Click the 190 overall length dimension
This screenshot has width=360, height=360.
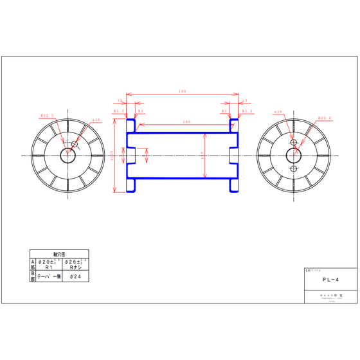pos(182,92)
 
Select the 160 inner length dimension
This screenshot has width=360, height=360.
pos(186,122)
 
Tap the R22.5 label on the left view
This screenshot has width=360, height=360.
pos(47,116)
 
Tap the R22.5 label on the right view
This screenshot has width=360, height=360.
pos(324,118)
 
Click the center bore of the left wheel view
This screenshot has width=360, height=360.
pos(68,156)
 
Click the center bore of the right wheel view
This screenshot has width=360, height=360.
pos(294,156)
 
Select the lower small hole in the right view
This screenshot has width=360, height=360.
pos(294,169)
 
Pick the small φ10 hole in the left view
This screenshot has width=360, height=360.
pos(75,145)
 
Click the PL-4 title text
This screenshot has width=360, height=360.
pos(330,280)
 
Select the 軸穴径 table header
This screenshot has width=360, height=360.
pos(59,254)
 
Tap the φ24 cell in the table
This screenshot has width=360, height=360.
pos(75,276)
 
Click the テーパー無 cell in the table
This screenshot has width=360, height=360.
pos(48,276)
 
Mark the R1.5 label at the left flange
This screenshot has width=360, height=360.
pos(119,111)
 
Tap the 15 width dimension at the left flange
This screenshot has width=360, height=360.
pos(120,100)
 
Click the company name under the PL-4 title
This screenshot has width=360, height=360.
pos(330,296)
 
